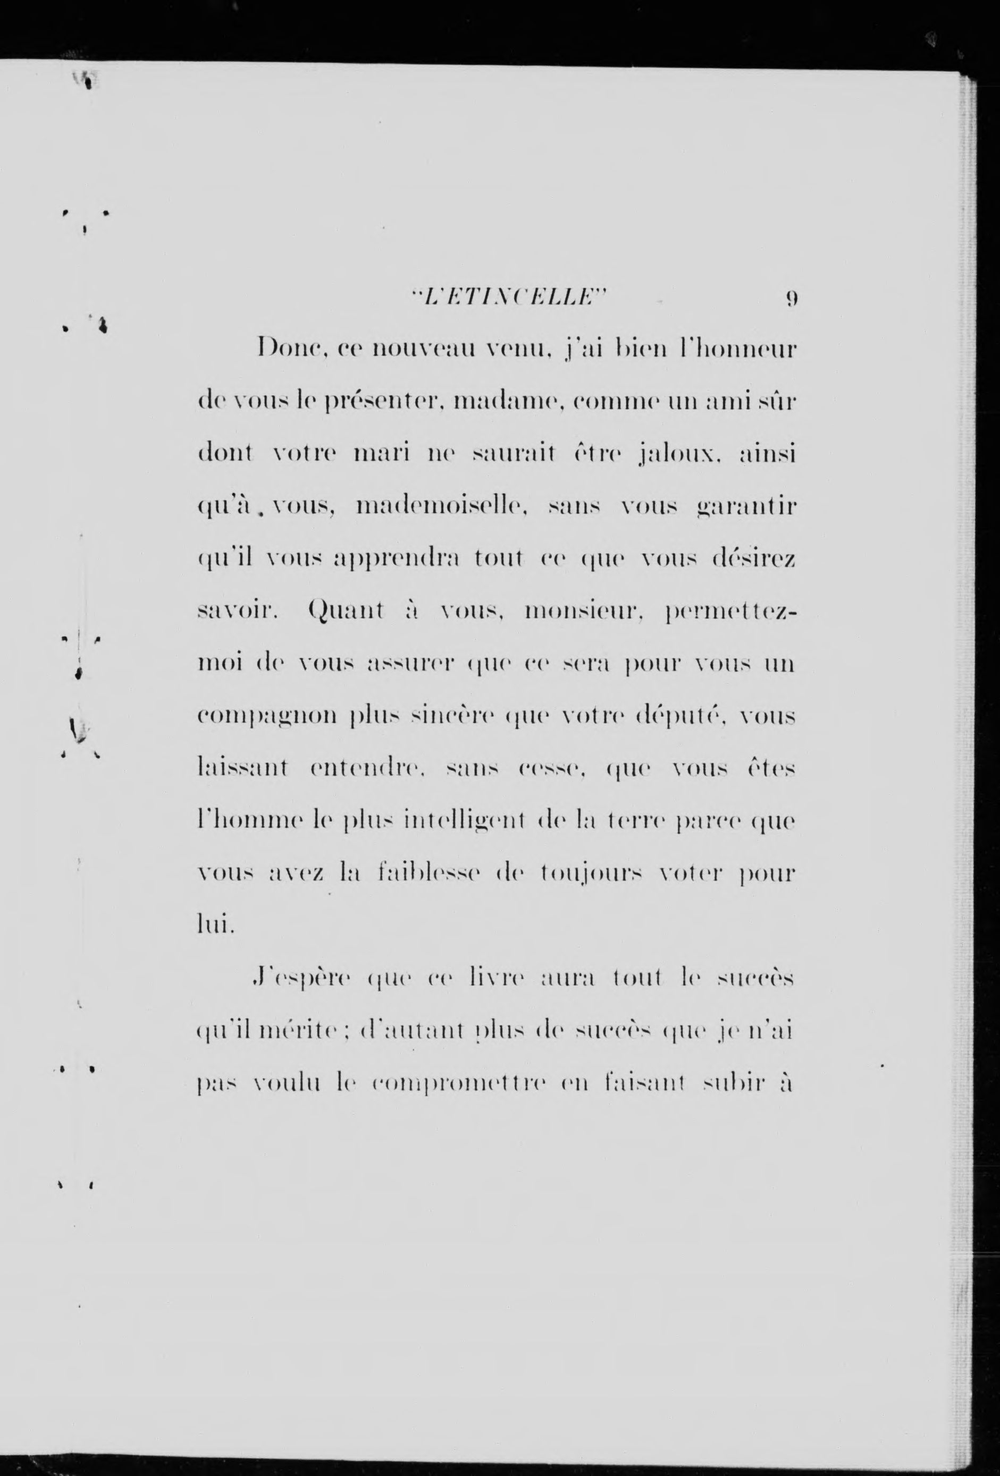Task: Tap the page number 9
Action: [x=791, y=298]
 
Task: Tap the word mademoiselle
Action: [x=439, y=508]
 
